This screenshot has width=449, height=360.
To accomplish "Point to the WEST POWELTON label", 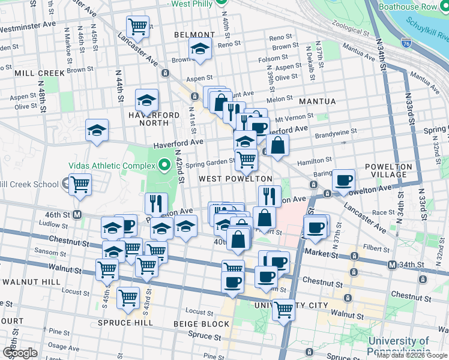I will [235, 179].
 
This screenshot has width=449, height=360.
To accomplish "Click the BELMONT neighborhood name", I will [194, 35].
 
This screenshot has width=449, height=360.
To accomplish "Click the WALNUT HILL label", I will [31, 281].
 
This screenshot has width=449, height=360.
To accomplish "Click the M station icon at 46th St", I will [77, 214].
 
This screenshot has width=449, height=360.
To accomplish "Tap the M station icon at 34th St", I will [392, 265].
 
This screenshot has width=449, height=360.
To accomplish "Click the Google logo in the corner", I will [19, 353].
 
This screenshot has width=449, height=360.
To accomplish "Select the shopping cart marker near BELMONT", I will [138, 26].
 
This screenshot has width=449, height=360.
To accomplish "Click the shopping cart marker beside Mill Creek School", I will [80, 184].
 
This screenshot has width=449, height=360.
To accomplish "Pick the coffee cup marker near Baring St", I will [343, 179].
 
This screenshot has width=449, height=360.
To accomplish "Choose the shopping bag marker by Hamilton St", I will [277, 145].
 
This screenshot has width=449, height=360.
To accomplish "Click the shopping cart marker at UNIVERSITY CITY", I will [283, 309].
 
